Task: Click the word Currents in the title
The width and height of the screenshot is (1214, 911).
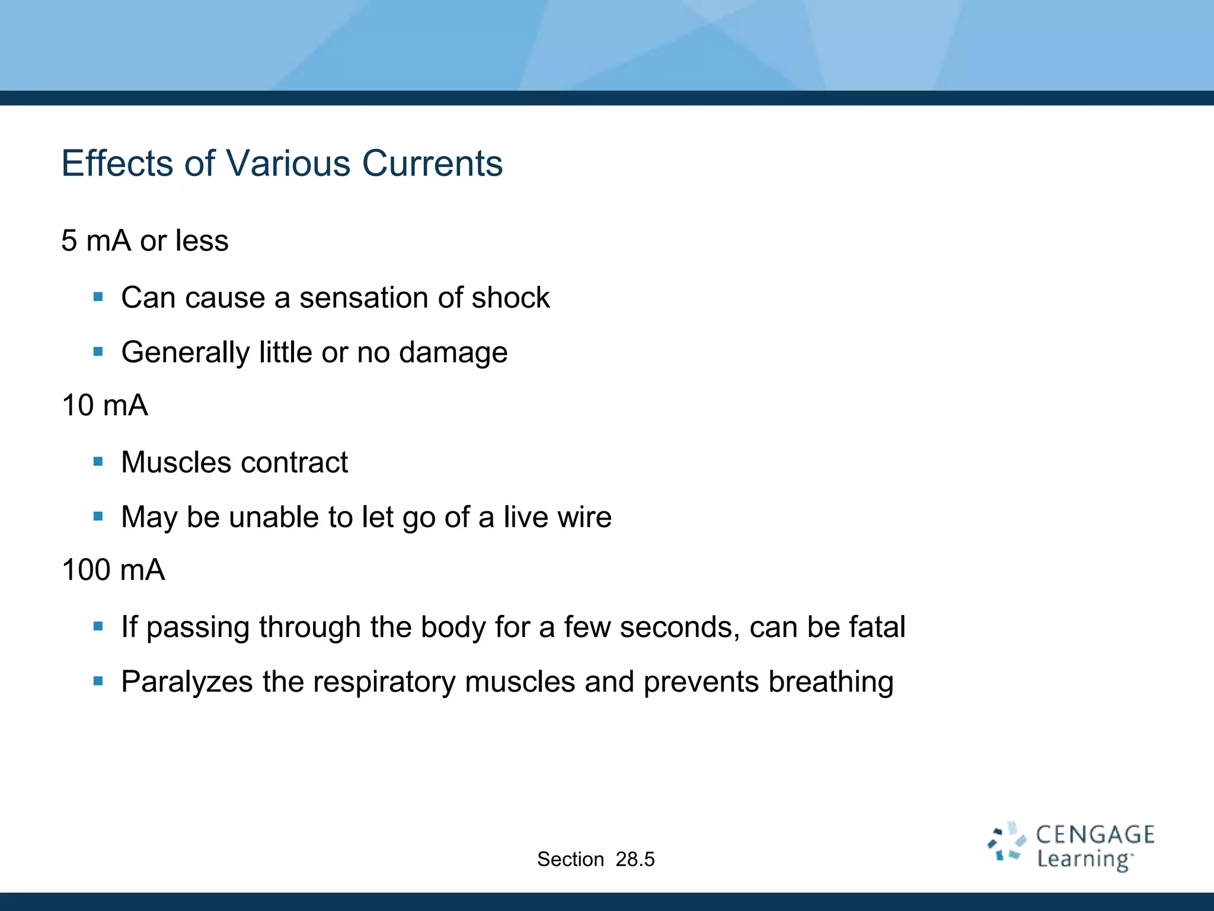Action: coord(432,163)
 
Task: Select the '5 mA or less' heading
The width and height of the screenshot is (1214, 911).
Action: coord(145,241)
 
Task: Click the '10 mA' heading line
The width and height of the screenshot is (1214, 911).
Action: coord(105,406)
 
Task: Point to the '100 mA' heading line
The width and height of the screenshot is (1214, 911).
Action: coord(113,570)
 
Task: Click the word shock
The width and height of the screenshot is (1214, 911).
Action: coord(510,297)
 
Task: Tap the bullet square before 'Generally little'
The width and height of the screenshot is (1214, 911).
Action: coord(98,352)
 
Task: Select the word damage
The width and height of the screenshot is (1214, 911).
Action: coord(453,352)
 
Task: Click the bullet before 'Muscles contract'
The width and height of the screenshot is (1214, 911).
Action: coord(98,461)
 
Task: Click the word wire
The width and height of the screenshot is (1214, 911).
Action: coord(584,517)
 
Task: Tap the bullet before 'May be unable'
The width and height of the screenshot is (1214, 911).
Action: coord(98,517)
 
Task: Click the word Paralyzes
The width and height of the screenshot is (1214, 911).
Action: coord(187,681)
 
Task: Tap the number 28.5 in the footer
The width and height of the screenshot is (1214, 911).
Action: coord(635,859)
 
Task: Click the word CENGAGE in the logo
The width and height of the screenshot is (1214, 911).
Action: coord(1095,834)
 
